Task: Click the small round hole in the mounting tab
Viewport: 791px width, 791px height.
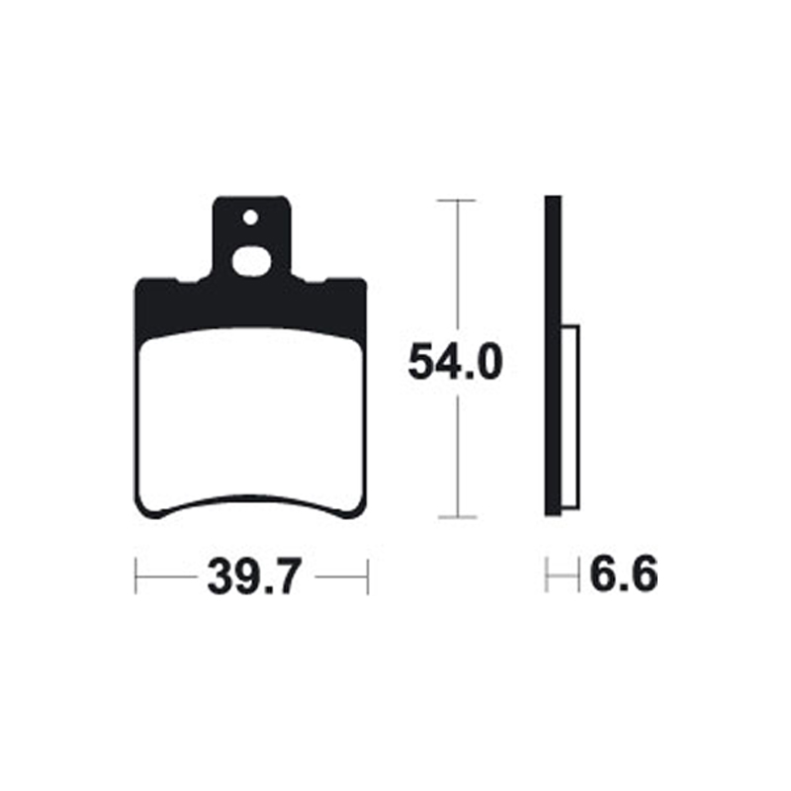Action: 251,217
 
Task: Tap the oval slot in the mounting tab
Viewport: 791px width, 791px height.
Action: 252,264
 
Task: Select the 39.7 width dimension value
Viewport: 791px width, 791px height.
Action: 251,575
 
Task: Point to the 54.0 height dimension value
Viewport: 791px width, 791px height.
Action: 456,363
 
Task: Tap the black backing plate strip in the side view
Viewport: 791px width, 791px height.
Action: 554,356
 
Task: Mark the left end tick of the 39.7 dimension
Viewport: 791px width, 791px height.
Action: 135,575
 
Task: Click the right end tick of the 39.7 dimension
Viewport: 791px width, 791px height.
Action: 367,575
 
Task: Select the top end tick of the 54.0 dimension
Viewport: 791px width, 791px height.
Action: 456,201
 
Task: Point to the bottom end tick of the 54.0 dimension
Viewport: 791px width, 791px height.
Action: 456,517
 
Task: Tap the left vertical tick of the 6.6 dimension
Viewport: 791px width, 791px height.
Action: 547,575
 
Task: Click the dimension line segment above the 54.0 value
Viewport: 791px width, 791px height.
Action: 456,267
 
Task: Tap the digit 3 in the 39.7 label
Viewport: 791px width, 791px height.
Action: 219,575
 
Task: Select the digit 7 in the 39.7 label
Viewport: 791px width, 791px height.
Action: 284,575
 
